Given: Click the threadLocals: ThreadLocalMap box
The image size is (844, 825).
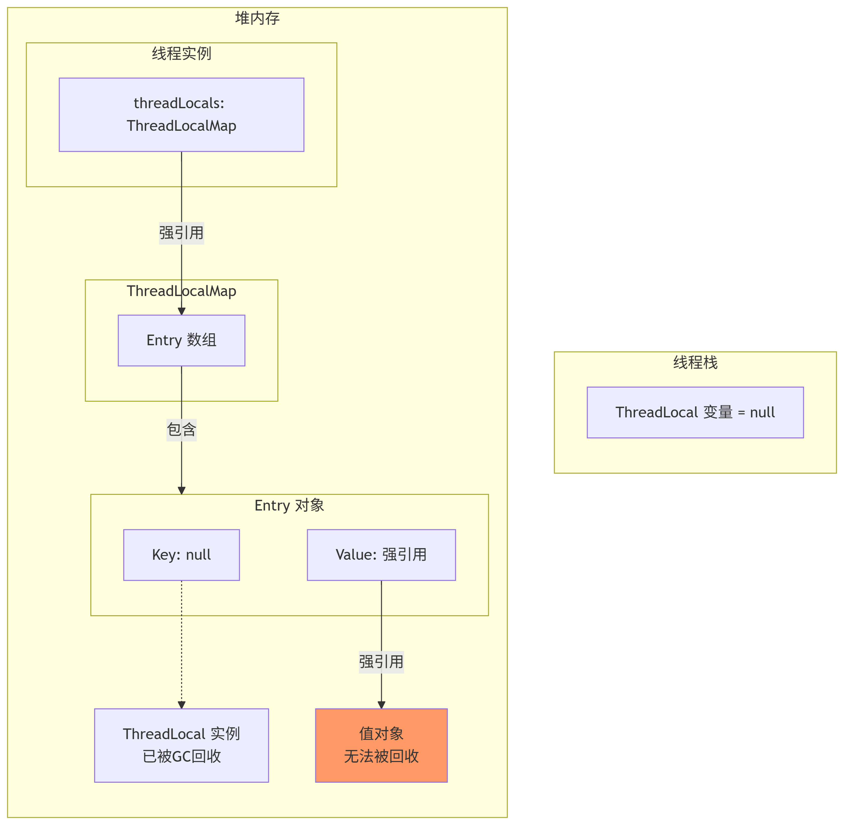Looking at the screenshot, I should (181, 114).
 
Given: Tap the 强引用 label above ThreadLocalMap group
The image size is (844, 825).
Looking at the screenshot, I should (181, 233).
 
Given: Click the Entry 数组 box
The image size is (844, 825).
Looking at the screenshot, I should (181, 340).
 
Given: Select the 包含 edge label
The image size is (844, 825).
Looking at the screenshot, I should (181, 430).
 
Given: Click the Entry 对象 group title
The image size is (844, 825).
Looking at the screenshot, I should (289, 505).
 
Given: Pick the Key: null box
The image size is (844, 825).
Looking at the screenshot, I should (181, 555).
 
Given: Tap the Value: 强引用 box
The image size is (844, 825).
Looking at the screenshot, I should (381, 555).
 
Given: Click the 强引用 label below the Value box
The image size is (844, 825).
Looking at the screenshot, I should (381, 662).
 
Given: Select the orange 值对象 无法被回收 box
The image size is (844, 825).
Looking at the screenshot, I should (381, 745).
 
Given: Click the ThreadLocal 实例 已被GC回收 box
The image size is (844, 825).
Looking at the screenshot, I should (181, 745).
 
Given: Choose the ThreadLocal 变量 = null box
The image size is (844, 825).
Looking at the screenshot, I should (695, 412).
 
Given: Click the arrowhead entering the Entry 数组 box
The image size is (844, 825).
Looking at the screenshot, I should (181, 311).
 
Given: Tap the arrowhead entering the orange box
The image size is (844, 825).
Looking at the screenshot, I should (381, 705).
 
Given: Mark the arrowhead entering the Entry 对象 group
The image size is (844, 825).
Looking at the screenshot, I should (181, 490).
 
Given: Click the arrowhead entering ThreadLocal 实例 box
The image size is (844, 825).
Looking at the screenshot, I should (181, 705).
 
